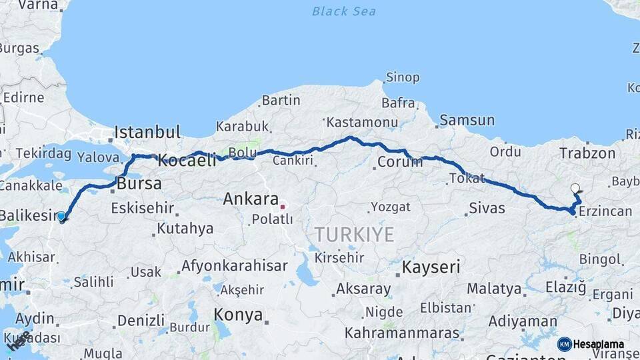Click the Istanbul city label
pyautogui.click(x=147, y=131)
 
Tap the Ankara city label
pyautogui.click(x=250, y=199)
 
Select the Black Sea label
pyautogui.click(x=344, y=11)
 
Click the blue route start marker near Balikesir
pyautogui.click(x=61, y=216)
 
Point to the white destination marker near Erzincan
pyautogui.click(x=575, y=189)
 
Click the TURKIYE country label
pyautogui.click(x=354, y=235)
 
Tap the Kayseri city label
pyautogui.click(x=431, y=267)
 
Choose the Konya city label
pyautogui.click(x=238, y=315)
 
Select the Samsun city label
pyautogui.click(x=467, y=121)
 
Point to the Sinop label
pyautogui.click(x=403, y=78)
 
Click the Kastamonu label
pyautogui.click(x=362, y=122)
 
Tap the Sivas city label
pyautogui.click(x=487, y=208)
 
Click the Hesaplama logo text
pyautogui.click(x=598, y=344)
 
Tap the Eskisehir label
pyautogui.click(x=142, y=208)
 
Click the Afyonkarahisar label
pyautogui.click(x=234, y=265)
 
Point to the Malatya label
pyautogui.click(x=494, y=289)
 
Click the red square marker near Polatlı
pyautogui.click(x=282, y=207)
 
